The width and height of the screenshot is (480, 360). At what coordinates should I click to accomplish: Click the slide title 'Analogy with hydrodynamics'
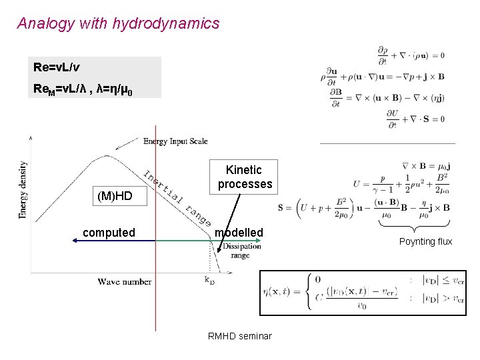pyautogui.click(x=118, y=24)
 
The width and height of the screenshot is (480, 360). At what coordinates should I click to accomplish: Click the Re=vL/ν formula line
pyautogui.click(x=59, y=68)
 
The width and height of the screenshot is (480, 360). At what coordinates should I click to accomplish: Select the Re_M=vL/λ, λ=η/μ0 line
pyautogui.click(x=83, y=89)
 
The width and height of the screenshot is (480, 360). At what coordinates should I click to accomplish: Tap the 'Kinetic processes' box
pyautogui.click(x=245, y=177)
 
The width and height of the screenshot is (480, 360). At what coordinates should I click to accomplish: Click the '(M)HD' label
pyautogui.click(x=115, y=196)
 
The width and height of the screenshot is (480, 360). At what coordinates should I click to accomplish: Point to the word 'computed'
pyautogui.click(x=109, y=233)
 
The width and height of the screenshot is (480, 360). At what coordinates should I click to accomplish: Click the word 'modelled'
pyautogui.click(x=239, y=233)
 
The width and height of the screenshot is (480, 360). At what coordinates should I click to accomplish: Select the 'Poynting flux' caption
pyautogui.click(x=425, y=241)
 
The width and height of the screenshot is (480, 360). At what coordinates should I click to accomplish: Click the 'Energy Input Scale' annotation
pyautogui.click(x=175, y=141)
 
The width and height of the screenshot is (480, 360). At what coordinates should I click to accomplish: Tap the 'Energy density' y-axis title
pyautogui.click(x=23, y=190)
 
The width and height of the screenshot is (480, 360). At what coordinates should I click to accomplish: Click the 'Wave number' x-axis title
pyautogui.click(x=125, y=282)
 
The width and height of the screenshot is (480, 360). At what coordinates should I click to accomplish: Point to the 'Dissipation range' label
pyautogui.click(x=241, y=250)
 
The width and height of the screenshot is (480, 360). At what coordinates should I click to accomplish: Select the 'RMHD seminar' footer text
pyautogui.click(x=240, y=336)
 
